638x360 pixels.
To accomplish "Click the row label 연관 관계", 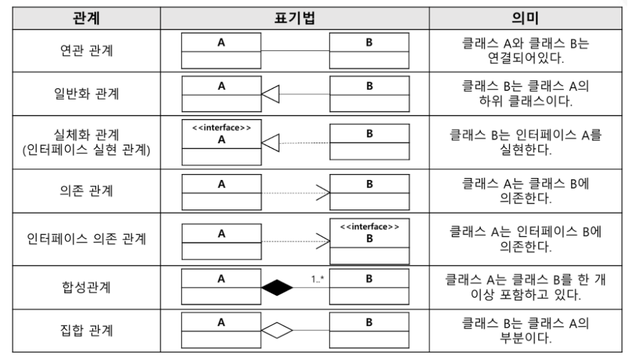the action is click(86, 51).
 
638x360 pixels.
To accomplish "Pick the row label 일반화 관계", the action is click(86, 94).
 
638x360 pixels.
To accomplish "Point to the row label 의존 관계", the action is click(86, 191).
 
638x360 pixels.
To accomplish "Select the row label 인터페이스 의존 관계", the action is click(86, 238).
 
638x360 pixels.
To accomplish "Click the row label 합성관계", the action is click(86, 288).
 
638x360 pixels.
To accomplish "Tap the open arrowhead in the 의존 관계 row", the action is click(324, 191).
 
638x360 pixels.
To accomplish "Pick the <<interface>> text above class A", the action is click(221, 127).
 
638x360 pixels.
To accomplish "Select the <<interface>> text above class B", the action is click(369, 227).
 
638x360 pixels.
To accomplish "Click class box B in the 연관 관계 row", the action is click(369, 51).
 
